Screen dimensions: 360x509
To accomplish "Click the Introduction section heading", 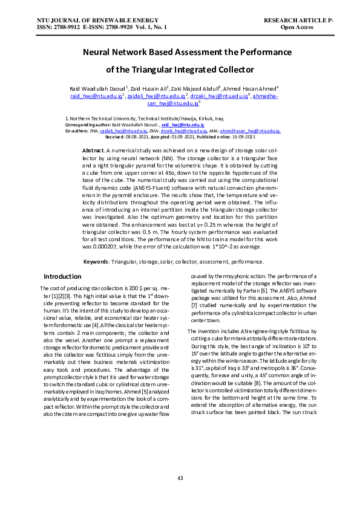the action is coord(63,276).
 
